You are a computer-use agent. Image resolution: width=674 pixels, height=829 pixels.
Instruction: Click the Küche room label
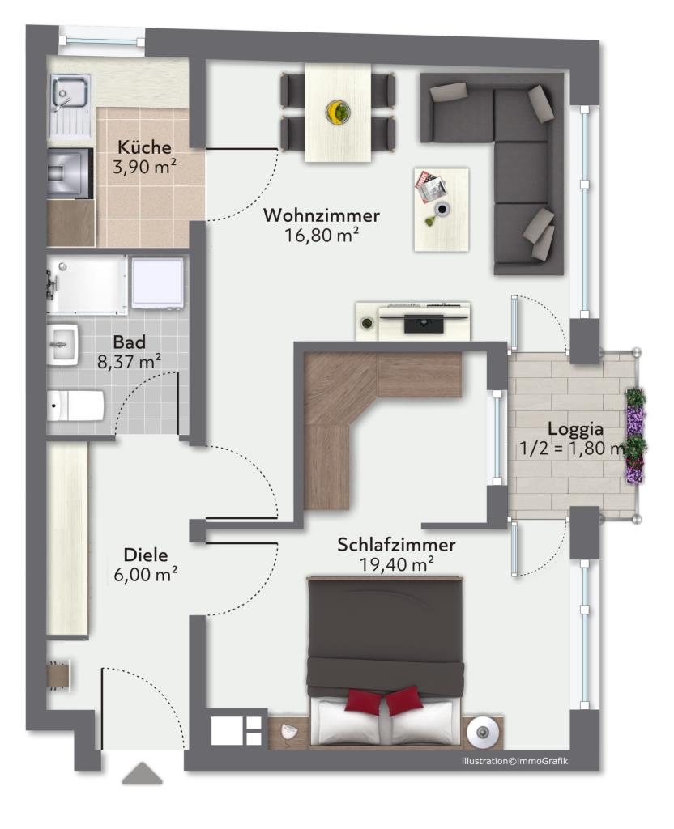[144, 147]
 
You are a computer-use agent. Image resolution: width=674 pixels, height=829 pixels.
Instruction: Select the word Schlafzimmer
[396, 545]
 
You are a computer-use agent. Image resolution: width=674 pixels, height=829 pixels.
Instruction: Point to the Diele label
[146, 555]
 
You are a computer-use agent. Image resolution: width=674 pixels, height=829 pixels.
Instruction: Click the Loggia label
[576, 429]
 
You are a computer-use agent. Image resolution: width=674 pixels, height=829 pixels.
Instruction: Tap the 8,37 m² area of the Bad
[129, 362]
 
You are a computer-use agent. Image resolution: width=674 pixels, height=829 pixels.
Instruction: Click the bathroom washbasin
[62, 345]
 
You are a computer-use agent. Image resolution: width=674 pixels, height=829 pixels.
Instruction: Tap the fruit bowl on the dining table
[338, 112]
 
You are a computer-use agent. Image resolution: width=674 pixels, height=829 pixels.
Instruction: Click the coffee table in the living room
[442, 210]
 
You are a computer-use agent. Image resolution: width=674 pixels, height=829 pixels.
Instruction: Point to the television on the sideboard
[423, 322]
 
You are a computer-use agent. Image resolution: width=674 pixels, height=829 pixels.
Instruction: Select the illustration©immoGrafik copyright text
[514, 761]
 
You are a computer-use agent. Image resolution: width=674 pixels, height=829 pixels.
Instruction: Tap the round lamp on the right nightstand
[482, 732]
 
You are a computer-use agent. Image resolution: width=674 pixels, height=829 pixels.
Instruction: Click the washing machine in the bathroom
[158, 283]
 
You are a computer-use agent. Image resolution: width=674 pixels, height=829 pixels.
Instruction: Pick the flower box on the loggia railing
[635, 436]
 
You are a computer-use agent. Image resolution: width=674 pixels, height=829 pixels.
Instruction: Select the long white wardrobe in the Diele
[67, 538]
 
